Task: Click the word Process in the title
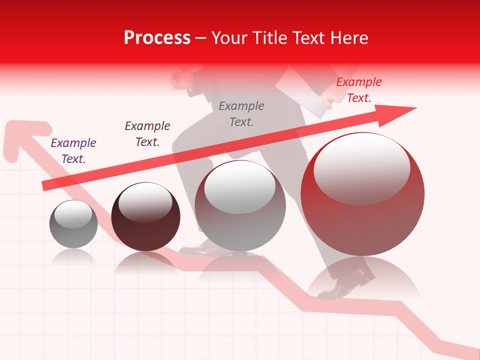pyautogui.click(x=157, y=38)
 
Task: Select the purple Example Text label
pyautogui.click(x=73, y=151)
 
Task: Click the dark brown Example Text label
pyautogui.click(x=147, y=134)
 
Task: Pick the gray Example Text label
pyautogui.click(x=241, y=113)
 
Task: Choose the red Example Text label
pyautogui.click(x=359, y=90)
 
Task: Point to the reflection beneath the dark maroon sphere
pyautogui.click(x=145, y=262)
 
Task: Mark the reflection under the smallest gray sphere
pyautogui.click(x=73, y=256)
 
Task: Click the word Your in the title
pyautogui.click(x=230, y=38)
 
